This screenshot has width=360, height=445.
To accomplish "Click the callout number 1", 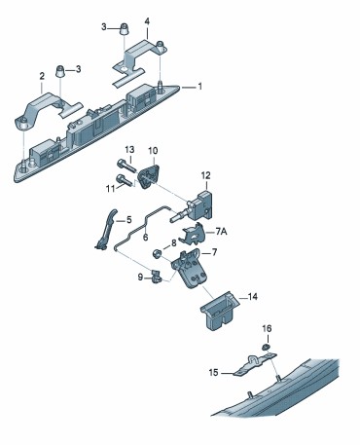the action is (x=199, y=87).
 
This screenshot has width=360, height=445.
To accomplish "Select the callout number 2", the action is (x=42, y=76).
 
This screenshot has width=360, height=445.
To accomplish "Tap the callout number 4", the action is (x=147, y=21).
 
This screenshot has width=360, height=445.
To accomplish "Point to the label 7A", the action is (x=221, y=232).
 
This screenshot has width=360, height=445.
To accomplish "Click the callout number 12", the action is (x=205, y=175).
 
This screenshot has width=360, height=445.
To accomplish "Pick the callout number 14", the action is (x=253, y=296).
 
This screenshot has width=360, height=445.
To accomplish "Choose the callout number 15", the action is (x=214, y=373).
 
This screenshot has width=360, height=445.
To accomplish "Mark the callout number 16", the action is (x=267, y=329).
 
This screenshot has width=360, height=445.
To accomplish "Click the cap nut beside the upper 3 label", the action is (x=124, y=29).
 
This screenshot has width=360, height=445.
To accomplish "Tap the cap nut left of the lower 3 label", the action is (x=60, y=71).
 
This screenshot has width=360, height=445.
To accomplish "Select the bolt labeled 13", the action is (x=126, y=166).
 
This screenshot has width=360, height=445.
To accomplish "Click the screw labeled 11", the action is (x=125, y=180).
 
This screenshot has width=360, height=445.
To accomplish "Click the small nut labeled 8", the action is (x=157, y=252).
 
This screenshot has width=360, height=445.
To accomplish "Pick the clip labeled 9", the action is (x=156, y=277).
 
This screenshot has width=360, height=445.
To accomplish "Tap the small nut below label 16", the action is (x=266, y=348).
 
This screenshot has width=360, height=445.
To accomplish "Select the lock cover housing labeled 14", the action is (x=220, y=310).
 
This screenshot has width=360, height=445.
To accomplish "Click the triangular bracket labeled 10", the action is (x=149, y=176).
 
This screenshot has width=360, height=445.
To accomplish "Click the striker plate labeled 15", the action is (x=255, y=364).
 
